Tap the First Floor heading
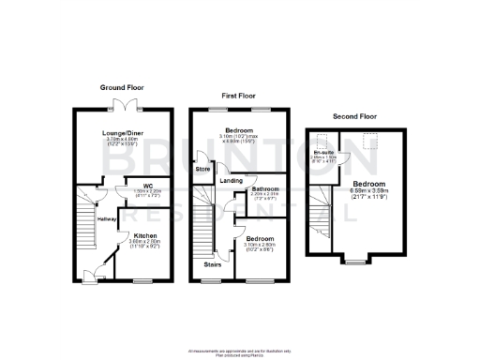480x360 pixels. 237,96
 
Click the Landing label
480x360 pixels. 231,180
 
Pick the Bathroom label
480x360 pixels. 261,189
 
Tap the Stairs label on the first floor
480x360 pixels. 213,264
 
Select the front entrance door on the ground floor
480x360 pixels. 90,274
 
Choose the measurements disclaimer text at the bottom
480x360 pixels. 239,351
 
